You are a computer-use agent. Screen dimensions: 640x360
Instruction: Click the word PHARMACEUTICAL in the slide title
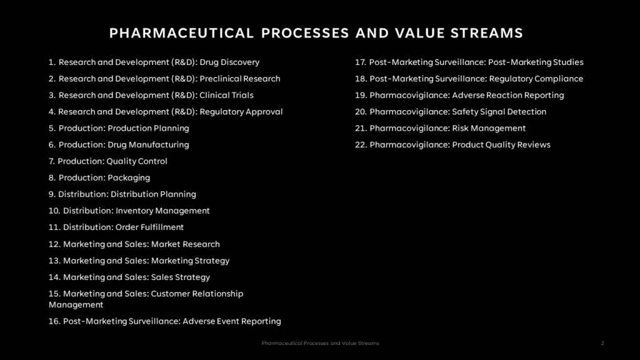(x=182, y=33)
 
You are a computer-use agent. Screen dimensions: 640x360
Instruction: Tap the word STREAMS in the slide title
(x=486, y=33)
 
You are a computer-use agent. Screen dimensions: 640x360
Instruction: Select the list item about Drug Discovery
(x=154, y=62)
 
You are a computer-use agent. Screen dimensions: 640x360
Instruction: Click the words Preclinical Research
(x=240, y=79)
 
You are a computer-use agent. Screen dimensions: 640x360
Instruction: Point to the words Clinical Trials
(x=226, y=95)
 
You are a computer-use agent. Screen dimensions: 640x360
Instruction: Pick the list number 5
(x=52, y=128)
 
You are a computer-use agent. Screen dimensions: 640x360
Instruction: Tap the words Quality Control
(x=137, y=161)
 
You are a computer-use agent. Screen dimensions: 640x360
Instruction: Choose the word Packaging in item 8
(x=129, y=178)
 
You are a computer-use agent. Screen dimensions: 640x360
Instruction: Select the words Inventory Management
(x=162, y=211)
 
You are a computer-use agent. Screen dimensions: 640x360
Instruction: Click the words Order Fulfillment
(x=150, y=227)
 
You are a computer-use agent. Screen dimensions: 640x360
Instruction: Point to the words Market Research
(x=185, y=244)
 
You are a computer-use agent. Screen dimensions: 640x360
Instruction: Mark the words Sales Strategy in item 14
(x=181, y=277)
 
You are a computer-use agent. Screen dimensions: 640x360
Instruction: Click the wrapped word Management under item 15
(x=76, y=305)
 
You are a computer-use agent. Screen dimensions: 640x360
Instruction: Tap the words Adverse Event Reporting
(x=232, y=321)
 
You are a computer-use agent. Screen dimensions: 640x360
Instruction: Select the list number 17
(x=360, y=62)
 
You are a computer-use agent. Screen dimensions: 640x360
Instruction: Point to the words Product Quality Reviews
(x=501, y=145)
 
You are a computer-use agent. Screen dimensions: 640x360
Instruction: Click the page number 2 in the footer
(x=602, y=343)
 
